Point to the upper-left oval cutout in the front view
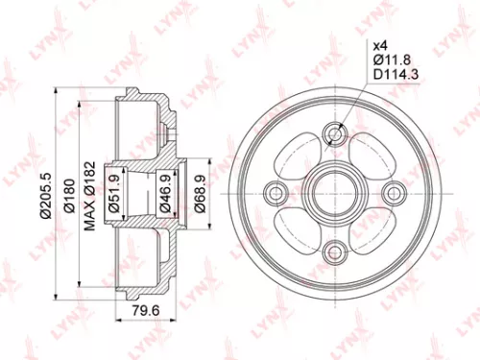coord(300,158)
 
